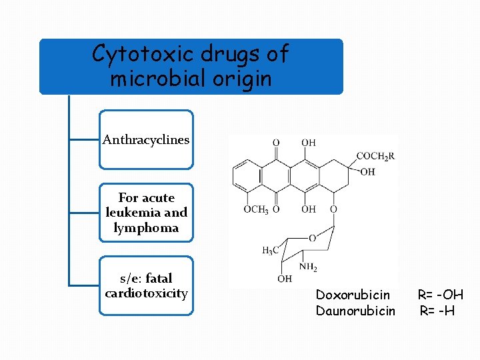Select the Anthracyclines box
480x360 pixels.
(146, 140)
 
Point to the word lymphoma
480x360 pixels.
(146, 228)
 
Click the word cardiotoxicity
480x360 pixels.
(146, 293)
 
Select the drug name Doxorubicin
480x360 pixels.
(353, 295)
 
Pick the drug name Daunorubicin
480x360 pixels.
(355, 311)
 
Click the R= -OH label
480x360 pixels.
(440, 295)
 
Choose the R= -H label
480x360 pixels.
(437, 311)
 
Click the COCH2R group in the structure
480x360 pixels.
(375, 157)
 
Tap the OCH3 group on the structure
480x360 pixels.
(255, 209)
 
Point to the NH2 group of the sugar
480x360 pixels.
(308, 267)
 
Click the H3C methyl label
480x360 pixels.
(270, 251)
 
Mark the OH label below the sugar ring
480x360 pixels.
(285, 279)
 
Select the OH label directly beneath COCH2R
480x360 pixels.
(367, 171)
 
